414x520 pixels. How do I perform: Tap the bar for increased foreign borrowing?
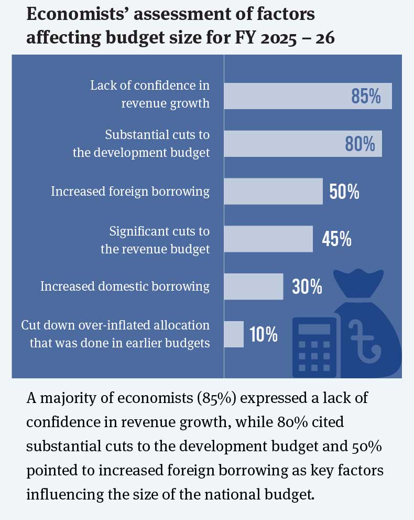tap(273, 192)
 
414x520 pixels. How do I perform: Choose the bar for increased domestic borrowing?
tap(254, 286)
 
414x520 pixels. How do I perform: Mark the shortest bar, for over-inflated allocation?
tap(234, 334)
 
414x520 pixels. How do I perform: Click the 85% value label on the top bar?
tap(366, 97)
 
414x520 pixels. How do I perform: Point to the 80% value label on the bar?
tap(360, 144)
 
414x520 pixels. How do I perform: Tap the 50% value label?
tap(344, 192)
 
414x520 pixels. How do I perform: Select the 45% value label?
tap(336, 239)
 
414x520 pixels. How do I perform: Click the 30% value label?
tap(307, 286)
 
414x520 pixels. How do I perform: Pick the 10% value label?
tap(264, 334)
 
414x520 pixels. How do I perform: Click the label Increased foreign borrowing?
tap(130, 192)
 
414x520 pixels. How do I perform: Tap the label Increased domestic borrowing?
tap(125, 286)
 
